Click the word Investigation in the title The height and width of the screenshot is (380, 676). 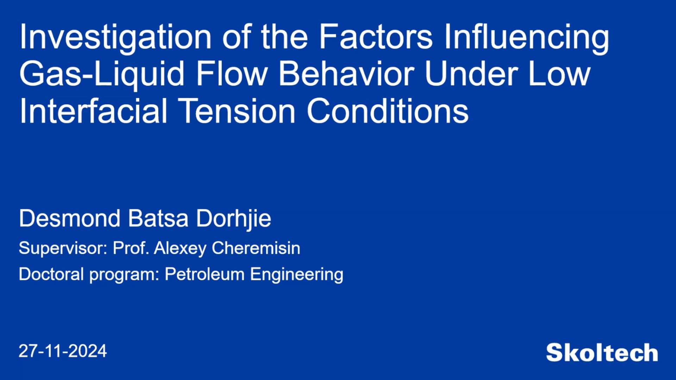115,37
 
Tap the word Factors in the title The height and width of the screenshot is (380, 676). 375,37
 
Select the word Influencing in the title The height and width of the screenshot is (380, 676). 526,37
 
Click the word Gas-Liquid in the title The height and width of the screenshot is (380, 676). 102,74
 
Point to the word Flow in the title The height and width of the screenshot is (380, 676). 231,74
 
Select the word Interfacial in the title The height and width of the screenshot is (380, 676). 93,111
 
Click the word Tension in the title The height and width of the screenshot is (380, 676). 238,111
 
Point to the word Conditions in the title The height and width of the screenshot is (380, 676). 387,111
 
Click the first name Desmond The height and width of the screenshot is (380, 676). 70,218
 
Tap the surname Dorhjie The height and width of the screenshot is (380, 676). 233,219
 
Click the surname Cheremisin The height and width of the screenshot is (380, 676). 256,248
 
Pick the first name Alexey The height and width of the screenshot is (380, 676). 180,248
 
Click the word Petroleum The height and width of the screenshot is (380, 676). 205,274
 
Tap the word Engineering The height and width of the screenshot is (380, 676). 296,275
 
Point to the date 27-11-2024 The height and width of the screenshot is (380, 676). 63,351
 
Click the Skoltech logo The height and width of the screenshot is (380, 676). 602,353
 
